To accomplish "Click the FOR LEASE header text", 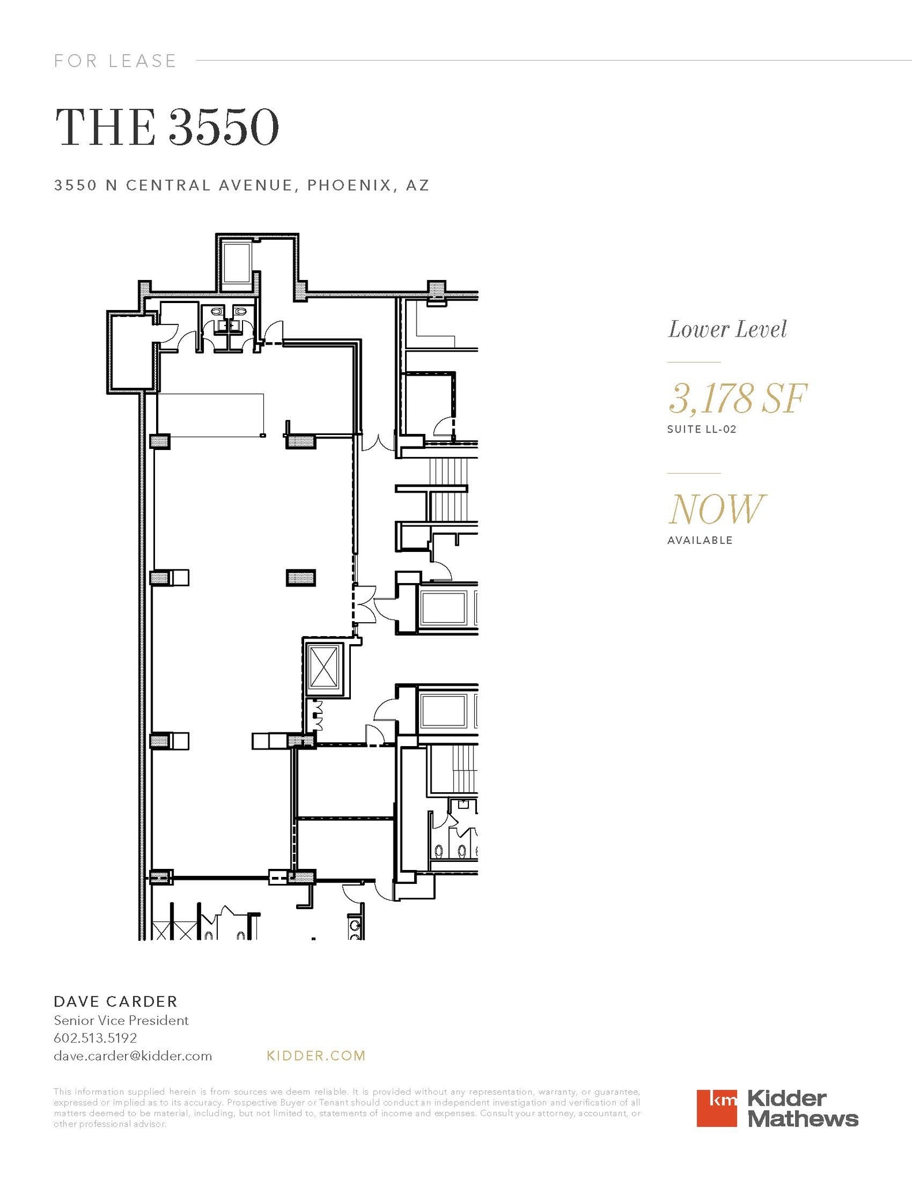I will click(115, 60).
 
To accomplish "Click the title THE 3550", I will click(166, 127).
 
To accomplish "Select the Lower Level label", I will click(727, 330).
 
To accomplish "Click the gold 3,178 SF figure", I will click(737, 398).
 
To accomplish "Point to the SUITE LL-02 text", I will click(701, 429).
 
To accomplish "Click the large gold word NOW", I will click(716, 509).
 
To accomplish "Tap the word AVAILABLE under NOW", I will click(699, 540).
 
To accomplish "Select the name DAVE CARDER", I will click(115, 1001).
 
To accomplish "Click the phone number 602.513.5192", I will click(95, 1038).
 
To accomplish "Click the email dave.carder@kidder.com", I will click(133, 1056).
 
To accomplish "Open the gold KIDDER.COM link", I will click(316, 1056).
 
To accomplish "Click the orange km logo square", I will click(716, 1107).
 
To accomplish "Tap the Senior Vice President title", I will click(121, 1020).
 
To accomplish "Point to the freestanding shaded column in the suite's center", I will click(301, 577).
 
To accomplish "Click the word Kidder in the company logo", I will click(786, 1098).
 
